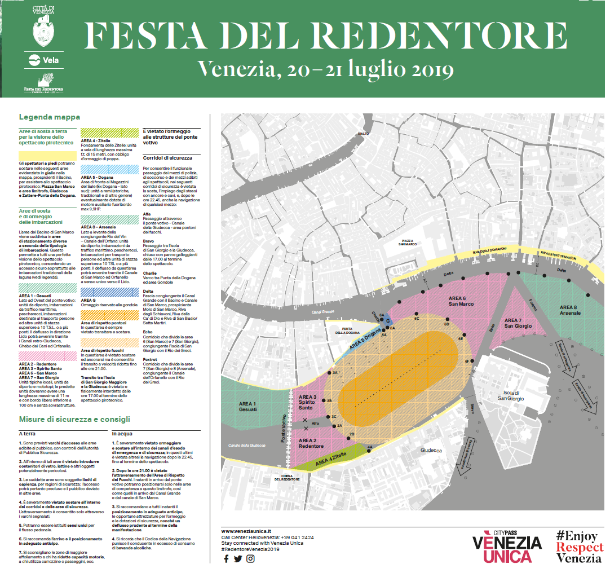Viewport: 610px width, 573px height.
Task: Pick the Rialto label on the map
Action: [x=363, y=133]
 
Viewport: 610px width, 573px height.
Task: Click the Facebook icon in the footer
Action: [x=226, y=558]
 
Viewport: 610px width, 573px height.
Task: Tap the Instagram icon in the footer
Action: [x=250, y=558]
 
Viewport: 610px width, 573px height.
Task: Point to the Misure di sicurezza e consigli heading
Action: [x=74, y=419]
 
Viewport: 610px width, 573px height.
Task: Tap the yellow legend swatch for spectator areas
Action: [x=48, y=156]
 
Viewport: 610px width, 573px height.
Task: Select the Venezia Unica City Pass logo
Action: [x=507, y=546]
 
